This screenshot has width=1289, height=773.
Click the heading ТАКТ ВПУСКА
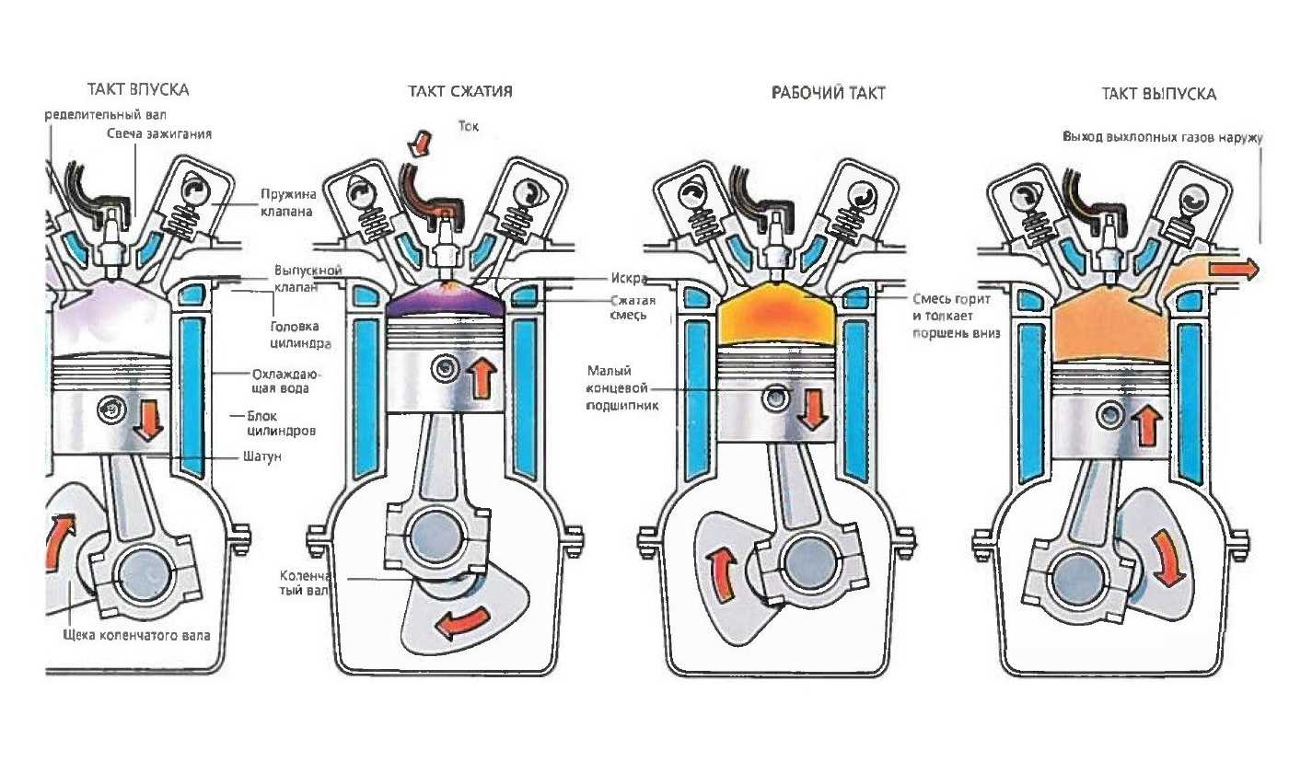point(138,90)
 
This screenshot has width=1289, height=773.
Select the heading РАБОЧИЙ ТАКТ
point(828,94)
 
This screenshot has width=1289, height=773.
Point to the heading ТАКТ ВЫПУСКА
point(1158,94)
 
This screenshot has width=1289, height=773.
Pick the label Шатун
point(261,456)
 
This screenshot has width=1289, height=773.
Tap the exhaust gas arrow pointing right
point(1233,269)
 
